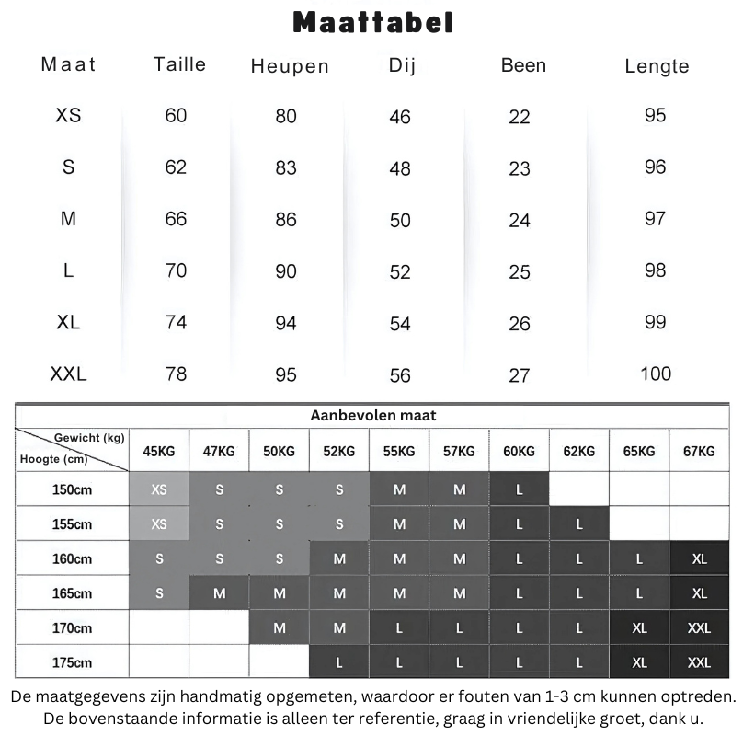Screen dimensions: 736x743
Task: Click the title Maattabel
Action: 372,22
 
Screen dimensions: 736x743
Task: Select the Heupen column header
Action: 289,66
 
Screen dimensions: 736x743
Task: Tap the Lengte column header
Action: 656,66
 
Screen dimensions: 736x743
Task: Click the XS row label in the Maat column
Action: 68,116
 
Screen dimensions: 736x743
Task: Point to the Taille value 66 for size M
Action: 175,219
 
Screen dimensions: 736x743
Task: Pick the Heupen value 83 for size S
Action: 286,168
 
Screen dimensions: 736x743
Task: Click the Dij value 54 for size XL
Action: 400,324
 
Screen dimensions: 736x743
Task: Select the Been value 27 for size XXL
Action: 520,375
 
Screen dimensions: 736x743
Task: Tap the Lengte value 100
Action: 656,374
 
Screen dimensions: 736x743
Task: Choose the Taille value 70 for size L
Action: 175,270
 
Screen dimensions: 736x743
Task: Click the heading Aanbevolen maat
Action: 371,416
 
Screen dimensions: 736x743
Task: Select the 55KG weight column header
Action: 399,452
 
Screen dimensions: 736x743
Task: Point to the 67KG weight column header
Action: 699,452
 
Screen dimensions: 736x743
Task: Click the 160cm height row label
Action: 72,559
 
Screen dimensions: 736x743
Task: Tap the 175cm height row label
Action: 72,662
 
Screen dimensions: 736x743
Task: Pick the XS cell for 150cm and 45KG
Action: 159,490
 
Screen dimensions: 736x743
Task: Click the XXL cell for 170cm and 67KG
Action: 699,628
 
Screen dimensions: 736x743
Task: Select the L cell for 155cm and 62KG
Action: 579,524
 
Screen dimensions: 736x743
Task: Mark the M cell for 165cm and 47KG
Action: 219,593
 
